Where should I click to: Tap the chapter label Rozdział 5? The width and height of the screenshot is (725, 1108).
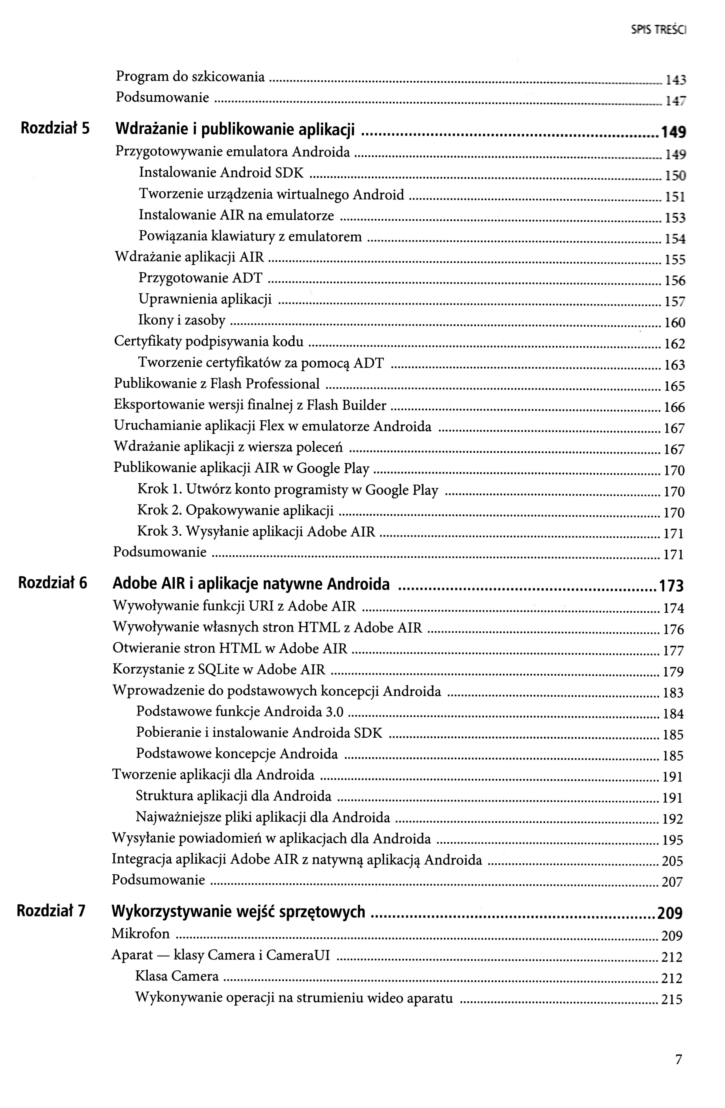(x=55, y=129)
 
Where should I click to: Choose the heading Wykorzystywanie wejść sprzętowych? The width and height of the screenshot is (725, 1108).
(x=238, y=912)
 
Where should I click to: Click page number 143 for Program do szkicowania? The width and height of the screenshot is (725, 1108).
(x=675, y=80)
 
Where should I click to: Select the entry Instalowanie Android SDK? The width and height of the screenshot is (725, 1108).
(x=221, y=173)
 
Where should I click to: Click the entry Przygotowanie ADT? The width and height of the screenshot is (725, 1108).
(x=200, y=278)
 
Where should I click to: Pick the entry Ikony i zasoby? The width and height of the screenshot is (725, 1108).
(x=182, y=320)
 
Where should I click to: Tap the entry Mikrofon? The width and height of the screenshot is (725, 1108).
(x=141, y=933)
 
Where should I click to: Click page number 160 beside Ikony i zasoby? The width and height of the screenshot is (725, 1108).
(x=675, y=323)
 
